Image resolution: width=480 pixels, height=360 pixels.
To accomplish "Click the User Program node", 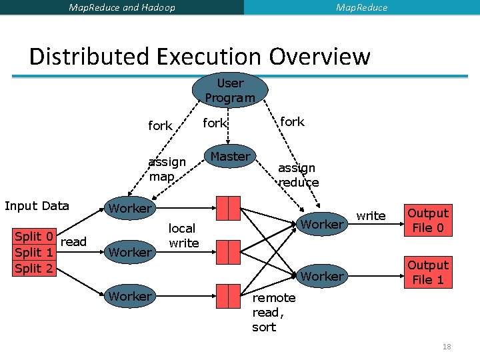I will (x=230, y=90).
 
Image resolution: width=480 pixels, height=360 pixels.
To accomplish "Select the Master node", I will (x=230, y=157).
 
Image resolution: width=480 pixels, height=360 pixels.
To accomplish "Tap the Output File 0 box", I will (x=428, y=221).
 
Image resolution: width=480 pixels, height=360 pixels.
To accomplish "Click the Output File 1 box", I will (x=428, y=272).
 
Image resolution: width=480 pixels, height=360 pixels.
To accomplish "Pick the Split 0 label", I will (x=34, y=237).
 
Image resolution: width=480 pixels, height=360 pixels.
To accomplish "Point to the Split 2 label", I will (x=34, y=268).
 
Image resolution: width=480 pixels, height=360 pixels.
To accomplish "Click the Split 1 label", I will (x=34, y=253).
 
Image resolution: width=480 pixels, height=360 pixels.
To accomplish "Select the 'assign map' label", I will (x=167, y=169).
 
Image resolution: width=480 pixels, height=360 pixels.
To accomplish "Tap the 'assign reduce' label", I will (x=298, y=175).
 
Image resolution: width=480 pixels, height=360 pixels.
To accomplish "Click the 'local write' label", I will (x=183, y=236).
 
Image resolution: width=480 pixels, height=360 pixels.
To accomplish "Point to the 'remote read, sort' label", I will (x=269, y=313).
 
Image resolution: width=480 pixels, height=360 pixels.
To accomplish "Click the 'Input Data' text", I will (x=37, y=205).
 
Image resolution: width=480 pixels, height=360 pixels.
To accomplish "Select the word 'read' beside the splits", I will (x=73, y=242).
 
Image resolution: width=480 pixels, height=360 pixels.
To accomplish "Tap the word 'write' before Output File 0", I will (x=371, y=215).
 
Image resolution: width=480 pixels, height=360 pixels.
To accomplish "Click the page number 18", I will (x=446, y=347).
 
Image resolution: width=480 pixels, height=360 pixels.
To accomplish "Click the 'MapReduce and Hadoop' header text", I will (x=122, y=7).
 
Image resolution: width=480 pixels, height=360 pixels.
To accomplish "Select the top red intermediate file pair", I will (x=227, y=208).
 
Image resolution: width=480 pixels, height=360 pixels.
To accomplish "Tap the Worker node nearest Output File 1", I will (x=322, y=276).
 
